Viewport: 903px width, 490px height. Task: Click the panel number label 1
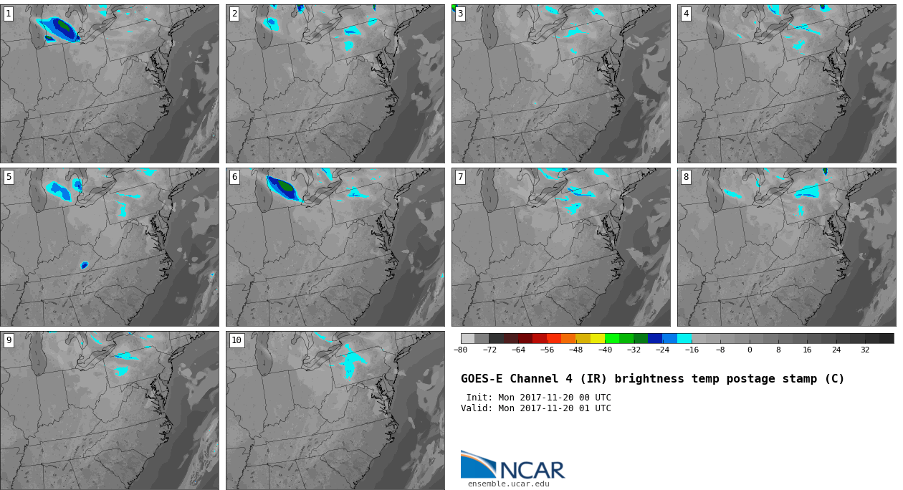9,14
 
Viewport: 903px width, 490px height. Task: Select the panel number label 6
234,177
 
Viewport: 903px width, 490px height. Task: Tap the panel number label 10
236,340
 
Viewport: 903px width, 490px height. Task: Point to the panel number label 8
686,177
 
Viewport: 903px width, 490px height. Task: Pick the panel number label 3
460,14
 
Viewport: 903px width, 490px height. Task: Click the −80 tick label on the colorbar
461,350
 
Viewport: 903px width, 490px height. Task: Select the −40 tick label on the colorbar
605,350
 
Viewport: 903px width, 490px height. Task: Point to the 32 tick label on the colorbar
865,350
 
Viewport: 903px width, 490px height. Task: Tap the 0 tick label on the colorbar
750,350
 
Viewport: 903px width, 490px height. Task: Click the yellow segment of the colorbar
598,338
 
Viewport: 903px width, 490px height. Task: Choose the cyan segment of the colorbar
684,338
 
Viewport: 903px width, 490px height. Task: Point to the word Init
479,398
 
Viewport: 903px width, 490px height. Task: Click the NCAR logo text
532,470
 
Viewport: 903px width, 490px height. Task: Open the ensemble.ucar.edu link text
508,484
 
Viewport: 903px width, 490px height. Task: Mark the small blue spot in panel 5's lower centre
85,265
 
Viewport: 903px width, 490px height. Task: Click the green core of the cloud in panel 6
286,186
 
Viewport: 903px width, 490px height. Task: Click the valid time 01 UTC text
594,408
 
